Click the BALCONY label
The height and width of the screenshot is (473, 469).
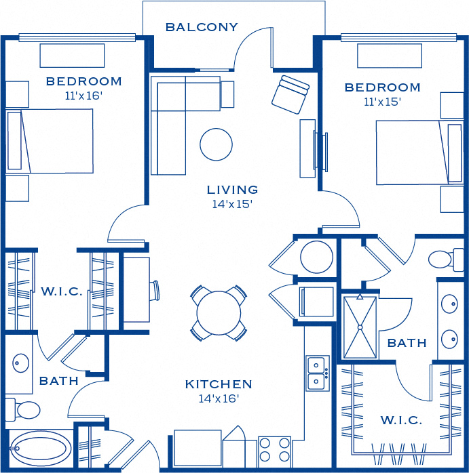tap(202, 27)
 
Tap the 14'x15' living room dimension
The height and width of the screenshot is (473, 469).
tap(232, 204)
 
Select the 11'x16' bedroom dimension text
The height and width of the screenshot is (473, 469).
tap(83, 96)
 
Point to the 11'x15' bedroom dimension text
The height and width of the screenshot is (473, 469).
tap(382, 102)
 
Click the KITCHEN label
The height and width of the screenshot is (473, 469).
tap(219, 384)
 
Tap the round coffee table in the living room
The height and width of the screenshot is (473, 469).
tap(216, 144)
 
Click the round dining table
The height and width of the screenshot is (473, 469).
tap(219, 313)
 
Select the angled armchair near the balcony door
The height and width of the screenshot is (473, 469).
tap(290, 94)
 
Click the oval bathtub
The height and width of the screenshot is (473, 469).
tap(40, 449)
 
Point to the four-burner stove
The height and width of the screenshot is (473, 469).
tap(274, 450)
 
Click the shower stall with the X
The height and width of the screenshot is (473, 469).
tap(360, 327)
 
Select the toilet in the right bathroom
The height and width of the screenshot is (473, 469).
tap(447, 260)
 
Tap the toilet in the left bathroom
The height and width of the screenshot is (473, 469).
tap(23, 410)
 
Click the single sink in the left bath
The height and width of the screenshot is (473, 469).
tap(20, 363)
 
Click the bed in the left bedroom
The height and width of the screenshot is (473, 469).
tap(50, 141)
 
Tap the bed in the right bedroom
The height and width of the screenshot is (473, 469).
tap(419, 152)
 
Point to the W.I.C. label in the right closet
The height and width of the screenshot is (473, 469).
tap(401, 420)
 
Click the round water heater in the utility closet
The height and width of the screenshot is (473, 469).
tap(316, 257)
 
